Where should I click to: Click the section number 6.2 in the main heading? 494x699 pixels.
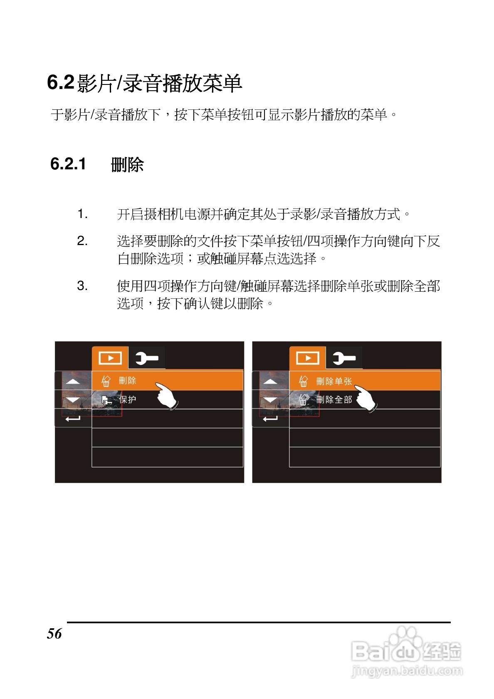tap(61, 82)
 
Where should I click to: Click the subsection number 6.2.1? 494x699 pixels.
tap(68, 164)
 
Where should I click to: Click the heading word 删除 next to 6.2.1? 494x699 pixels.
tap(127, 165)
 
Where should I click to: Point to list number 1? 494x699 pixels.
tap(82, 215)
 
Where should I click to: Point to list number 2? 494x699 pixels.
tap(82, 241)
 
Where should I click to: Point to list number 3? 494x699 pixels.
tap(82, 286)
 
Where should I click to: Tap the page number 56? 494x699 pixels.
tap(54, 634)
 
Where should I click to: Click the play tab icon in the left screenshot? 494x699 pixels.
tap(110, 358)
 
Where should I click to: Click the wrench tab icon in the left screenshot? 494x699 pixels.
tap(147, 358)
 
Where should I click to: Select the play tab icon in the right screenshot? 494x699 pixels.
tap(308, 358)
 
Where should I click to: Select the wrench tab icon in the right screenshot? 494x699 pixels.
tap(344, 358)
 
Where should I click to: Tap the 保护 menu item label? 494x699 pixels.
tap(128, 400)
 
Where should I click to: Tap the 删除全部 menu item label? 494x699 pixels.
tap(334, 400)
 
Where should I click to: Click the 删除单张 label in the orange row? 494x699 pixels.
tap(334, 381)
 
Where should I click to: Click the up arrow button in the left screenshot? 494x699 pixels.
tap(73, 381)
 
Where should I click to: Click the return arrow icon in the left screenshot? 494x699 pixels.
tap(73, 418)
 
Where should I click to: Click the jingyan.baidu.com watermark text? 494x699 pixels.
tap(407, 671)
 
